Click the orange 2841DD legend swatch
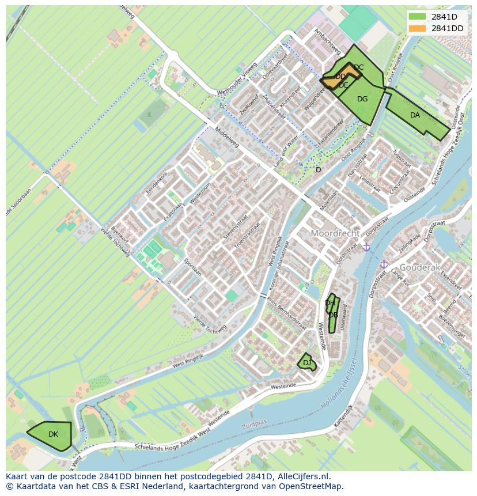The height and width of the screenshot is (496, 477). (x=418, y=28)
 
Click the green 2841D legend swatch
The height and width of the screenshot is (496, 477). (x=418, y=17)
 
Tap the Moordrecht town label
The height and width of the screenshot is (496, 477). (x=335, y=233)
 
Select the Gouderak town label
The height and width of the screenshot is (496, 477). (x=419, y=268)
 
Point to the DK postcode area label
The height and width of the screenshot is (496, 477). (x=53, y=434)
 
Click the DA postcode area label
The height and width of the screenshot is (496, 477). (x=415, y=115)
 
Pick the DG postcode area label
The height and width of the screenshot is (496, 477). (x=362, y=99)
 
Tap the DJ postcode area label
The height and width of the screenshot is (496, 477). (x=307, y=363)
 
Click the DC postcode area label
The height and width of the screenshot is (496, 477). (x=358, y=67)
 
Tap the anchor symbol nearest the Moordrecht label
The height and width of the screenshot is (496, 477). (x=365, y=247)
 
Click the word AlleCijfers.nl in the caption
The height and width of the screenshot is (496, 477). (x=302, y=476)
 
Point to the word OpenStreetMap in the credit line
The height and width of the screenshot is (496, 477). (x=312, y=486)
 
